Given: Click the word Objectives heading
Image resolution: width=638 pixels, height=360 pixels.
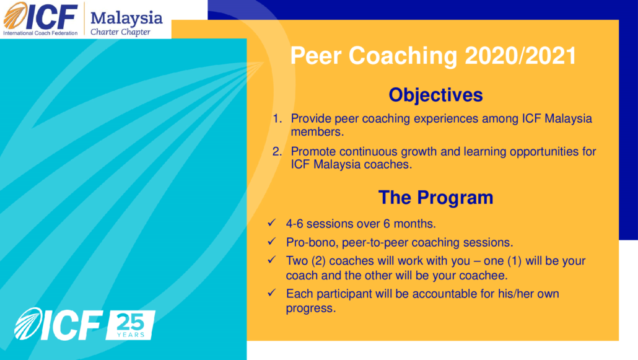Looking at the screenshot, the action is [x=435, y=95].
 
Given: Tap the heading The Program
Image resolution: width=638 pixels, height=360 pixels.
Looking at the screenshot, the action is [x=436, y=198].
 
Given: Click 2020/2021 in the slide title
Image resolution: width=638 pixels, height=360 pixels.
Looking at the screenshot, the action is [x=520, y=56].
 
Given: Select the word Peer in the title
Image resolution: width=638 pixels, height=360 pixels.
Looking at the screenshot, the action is [x=315, y=56].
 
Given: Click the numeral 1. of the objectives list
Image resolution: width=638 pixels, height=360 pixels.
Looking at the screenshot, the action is [x=277, y=118].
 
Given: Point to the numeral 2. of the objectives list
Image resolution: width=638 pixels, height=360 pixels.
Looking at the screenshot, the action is [x=277, y=151].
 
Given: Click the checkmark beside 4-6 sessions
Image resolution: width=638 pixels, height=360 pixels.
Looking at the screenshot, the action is [x=272, y=223].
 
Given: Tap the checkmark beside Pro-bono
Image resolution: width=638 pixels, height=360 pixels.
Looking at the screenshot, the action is [x=272, y=242].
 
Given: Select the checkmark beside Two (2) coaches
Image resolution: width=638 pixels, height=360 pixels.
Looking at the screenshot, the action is [x=272, y=260].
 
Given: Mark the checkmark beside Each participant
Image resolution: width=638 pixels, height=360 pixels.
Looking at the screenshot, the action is [x=272, y=292].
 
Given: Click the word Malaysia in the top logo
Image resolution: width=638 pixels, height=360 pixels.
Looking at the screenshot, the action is [x=126, y=19].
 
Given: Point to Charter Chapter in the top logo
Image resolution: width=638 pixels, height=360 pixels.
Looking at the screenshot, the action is [x=120, y=32].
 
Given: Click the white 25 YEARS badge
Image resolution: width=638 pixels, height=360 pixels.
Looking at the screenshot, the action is [x=130, y=325].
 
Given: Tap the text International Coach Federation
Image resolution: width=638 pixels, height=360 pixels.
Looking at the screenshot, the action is [x=40, y=33].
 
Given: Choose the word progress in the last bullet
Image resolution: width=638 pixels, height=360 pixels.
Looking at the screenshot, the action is [x=311, y=309].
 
